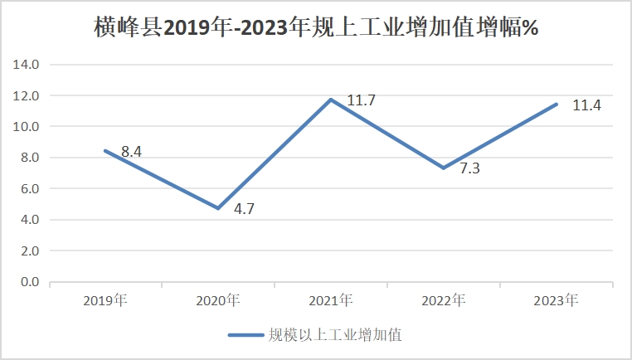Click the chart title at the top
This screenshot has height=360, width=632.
coord(316,27)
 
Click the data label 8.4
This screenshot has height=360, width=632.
coord(133,152)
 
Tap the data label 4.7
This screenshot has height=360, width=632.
coord(244,209)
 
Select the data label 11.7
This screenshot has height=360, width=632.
coord(361,101)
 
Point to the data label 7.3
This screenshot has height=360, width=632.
coord(469,168)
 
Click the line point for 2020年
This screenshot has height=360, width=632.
coord(218,208)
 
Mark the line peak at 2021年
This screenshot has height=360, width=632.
coord(331,100)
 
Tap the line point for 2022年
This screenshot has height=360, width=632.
coord(444,168)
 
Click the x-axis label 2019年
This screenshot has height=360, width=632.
coord(105,300)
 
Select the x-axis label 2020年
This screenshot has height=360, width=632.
coord(218,300)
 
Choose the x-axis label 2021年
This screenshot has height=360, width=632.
coord(331,300)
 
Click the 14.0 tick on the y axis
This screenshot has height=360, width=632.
coord(29,65)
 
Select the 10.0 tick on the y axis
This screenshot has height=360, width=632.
coord(29,127)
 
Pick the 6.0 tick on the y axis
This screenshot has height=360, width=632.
coord(29,189)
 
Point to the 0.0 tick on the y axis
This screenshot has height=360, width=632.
coord(29,283)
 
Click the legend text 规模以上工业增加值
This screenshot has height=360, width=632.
coord(335,335)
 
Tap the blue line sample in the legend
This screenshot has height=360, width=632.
coord(245,335)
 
